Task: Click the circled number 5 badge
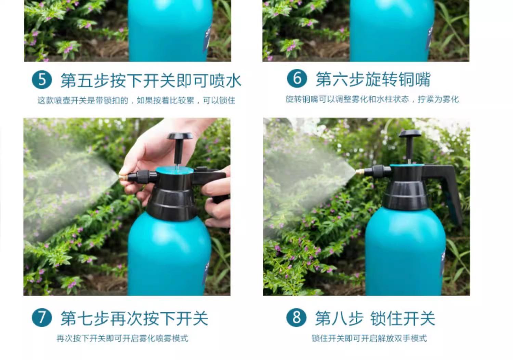42,80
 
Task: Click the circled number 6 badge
297,78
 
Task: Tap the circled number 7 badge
42,317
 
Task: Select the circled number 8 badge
297,317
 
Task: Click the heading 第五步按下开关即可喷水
151,80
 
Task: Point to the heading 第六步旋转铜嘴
373,79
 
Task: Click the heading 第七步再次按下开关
134,318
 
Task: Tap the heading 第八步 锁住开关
375,318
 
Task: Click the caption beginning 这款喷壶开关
136,100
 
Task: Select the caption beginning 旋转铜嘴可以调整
372,99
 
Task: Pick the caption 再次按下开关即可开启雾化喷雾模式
122,338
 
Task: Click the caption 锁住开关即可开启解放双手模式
369,338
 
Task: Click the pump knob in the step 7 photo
180,136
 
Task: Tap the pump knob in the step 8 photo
410,133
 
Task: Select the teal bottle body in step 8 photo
405,252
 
